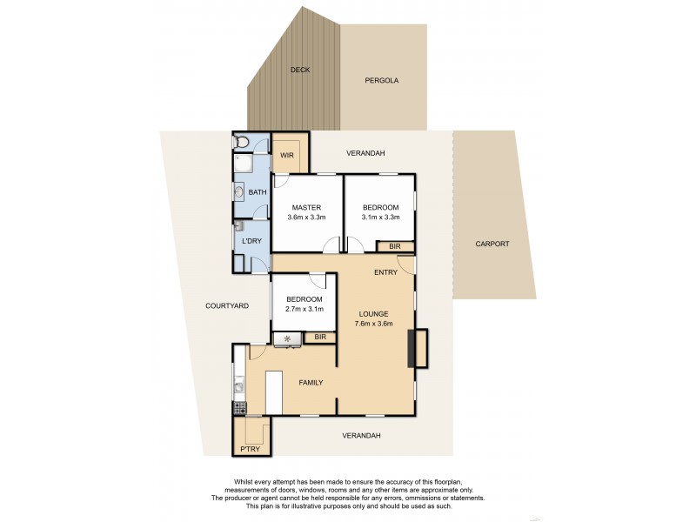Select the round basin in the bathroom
click(238, 193)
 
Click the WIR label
click(286, 156)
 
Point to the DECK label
click(299, 70)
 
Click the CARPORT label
click(492, 244)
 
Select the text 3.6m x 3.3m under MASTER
click(306, 217)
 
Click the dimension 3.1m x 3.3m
click(379, 217)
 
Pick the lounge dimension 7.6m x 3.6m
click(376, 325)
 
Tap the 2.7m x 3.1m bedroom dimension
click(304, 309)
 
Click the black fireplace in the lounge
click(422, 347)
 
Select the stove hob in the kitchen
click(239, 407)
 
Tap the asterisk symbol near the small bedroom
click(286, 338)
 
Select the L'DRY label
click(251, 240)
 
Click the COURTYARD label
click(228, 305)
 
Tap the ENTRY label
click(385, 272)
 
